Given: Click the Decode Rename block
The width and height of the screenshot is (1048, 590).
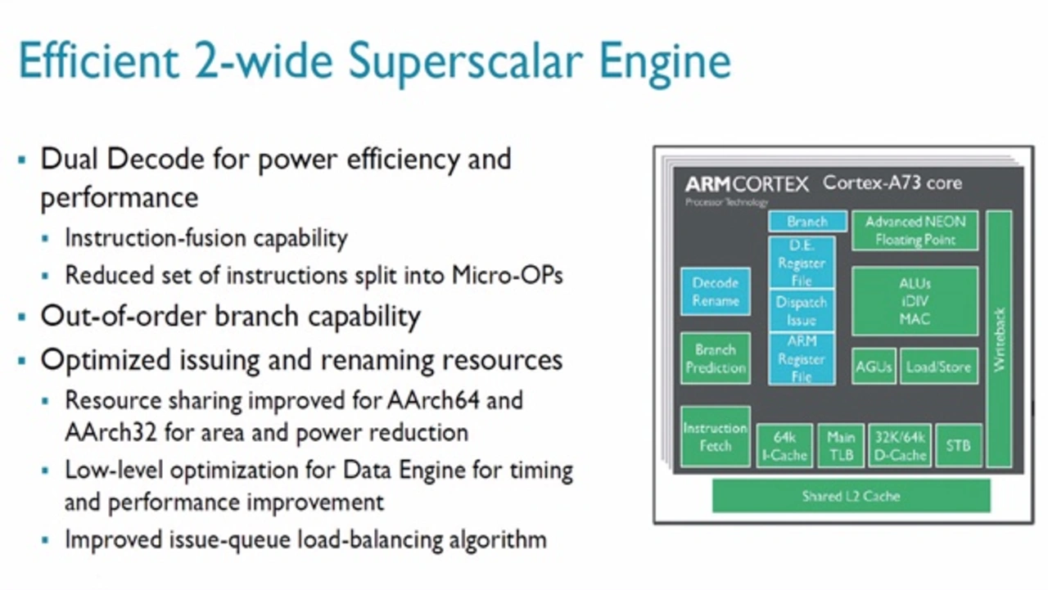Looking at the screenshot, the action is pos(716,292).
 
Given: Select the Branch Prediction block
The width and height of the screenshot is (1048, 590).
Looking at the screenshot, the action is pos(716,358).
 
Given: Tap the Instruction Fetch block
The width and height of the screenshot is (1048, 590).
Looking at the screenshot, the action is pos(716,437).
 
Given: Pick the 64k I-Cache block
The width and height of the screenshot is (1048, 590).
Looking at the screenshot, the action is pos(784,445).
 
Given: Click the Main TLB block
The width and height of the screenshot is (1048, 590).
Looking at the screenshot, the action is pos(841,445).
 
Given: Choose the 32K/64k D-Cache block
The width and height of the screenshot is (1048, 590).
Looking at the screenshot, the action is pos(900,445).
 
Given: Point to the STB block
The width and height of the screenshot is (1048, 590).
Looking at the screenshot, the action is pos(959,445).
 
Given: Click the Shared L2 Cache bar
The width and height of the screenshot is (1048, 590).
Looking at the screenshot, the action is pos(851,496).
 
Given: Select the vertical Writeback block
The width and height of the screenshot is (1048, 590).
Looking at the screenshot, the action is pos(999,339).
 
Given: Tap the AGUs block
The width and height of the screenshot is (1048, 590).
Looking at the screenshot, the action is pos(874,367).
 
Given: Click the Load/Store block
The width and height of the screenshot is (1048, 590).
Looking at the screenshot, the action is pos(938,367).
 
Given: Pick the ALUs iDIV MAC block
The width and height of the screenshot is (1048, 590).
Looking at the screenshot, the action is pos(915,301).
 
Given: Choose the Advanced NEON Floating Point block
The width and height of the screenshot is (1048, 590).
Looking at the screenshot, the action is pos(915,231).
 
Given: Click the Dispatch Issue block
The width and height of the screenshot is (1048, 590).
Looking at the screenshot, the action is pos(801,311).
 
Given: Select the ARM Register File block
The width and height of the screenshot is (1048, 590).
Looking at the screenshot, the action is pos(801,358).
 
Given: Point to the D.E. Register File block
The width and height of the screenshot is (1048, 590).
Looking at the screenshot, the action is pos(801,263).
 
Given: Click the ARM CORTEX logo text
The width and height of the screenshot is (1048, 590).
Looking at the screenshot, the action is pos(747,184).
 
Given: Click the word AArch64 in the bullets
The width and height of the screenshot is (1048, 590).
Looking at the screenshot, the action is pos(433,400).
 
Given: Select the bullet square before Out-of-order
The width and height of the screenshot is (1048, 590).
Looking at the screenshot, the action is pos(22,318).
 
